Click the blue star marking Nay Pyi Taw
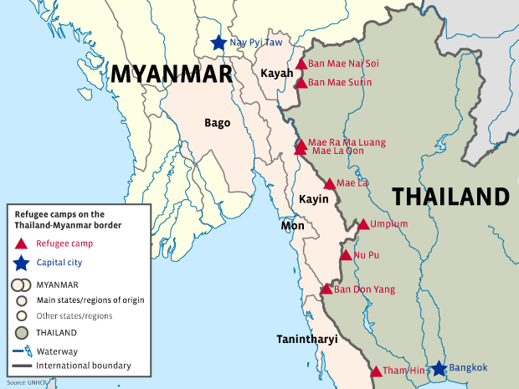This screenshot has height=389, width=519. (218, 42)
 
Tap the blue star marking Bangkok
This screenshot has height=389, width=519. (439, 368)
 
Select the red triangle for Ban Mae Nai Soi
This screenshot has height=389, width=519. (301, 64)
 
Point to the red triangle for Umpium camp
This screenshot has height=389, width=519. (363, 224)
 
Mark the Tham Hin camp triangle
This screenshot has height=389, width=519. (376, 371)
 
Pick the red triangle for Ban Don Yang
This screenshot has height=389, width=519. (326, 289)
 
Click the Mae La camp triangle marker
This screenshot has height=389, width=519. (330, 183)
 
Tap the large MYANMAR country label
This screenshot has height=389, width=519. (171, 74)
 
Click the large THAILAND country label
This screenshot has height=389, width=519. (450, 197)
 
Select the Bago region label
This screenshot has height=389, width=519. (217, 123)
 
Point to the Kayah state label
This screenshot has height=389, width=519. (277, 74)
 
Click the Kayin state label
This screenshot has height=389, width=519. (312, 198)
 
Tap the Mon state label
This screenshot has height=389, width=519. (292, 226)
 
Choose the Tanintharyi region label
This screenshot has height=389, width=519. (311, 339)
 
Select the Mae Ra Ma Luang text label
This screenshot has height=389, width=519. (347, 142)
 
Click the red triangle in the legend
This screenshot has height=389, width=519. (21, 243)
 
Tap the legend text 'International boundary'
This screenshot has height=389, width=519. (84, 366)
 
